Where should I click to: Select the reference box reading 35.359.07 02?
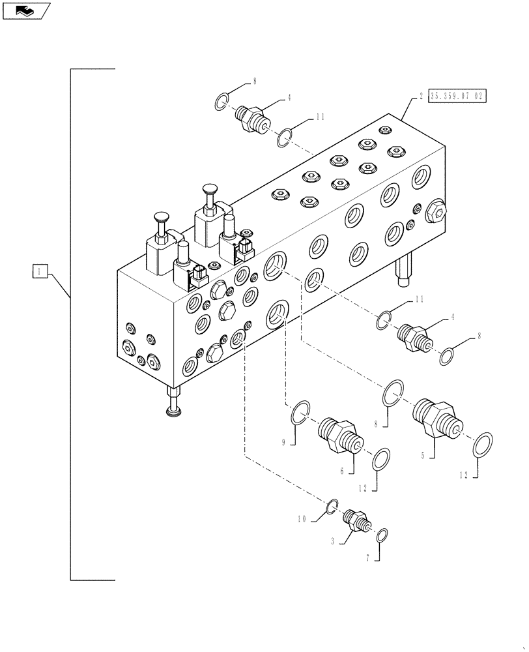[457, 96]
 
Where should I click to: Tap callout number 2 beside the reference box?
[422, 96]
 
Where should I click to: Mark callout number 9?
[284, 442]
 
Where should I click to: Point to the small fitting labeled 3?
[356, 520]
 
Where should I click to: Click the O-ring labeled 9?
[299, 413]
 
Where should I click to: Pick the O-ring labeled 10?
[332, 505]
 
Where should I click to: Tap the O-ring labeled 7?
[383, 535]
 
